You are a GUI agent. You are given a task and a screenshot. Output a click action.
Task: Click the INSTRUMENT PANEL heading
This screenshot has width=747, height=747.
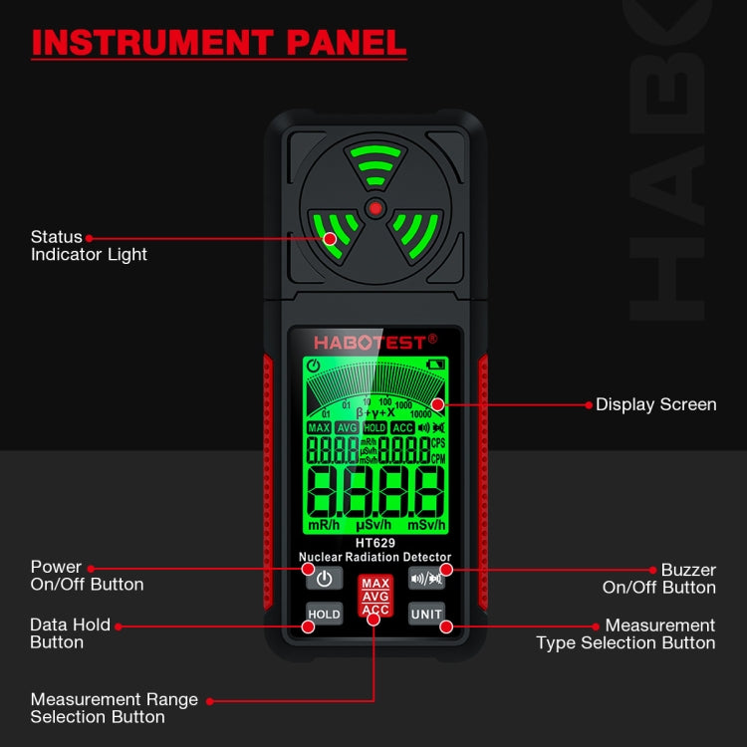click(x=219, y=42)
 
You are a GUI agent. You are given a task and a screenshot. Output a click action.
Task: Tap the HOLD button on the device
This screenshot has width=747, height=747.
click(x=324, y=615)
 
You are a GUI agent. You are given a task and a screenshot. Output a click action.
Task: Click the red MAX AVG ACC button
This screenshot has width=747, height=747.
click(x=375, y=596)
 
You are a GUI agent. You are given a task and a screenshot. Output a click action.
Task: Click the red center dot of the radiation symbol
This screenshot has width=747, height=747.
click(x=374, y=208)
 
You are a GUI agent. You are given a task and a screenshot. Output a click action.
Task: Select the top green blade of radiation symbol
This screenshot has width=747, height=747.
click(x=374, y=165)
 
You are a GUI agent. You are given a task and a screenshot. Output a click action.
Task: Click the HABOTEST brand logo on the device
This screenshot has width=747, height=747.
click(x=375, y=342)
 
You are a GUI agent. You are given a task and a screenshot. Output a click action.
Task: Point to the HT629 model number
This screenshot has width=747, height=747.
click(x=375, y=543)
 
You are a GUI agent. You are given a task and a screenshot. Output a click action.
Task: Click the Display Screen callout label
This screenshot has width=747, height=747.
click(x=655, y=404)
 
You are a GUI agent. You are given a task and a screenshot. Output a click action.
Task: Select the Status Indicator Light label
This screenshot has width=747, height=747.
click(x=89, y=246)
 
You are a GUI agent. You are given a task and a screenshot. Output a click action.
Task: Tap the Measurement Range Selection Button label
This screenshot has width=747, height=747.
click(x=114, y=708)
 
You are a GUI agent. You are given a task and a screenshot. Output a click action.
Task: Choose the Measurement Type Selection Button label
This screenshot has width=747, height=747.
click(x=625, y=634)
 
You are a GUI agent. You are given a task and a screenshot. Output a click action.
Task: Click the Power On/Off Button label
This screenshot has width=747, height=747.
click(x=87, y=576)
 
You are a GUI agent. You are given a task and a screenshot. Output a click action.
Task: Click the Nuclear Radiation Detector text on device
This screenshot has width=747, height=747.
click(x=375, y=557)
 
